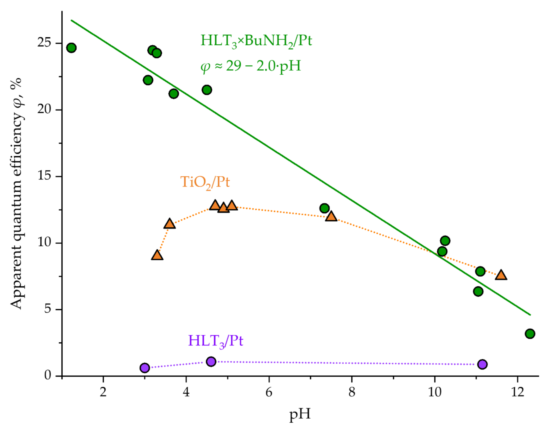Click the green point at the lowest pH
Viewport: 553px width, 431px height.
(x=71, y=48)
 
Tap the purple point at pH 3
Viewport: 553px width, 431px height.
(x=145, y=368)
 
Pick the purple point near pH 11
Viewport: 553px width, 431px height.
(x=482, y=364)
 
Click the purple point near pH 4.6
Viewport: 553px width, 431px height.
(x=211, y=362)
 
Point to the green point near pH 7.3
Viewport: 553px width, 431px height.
(x=324, y=208)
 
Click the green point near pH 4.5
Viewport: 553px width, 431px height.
(x=207, y=90)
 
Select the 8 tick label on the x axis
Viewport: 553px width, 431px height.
(x=352, y=392)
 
